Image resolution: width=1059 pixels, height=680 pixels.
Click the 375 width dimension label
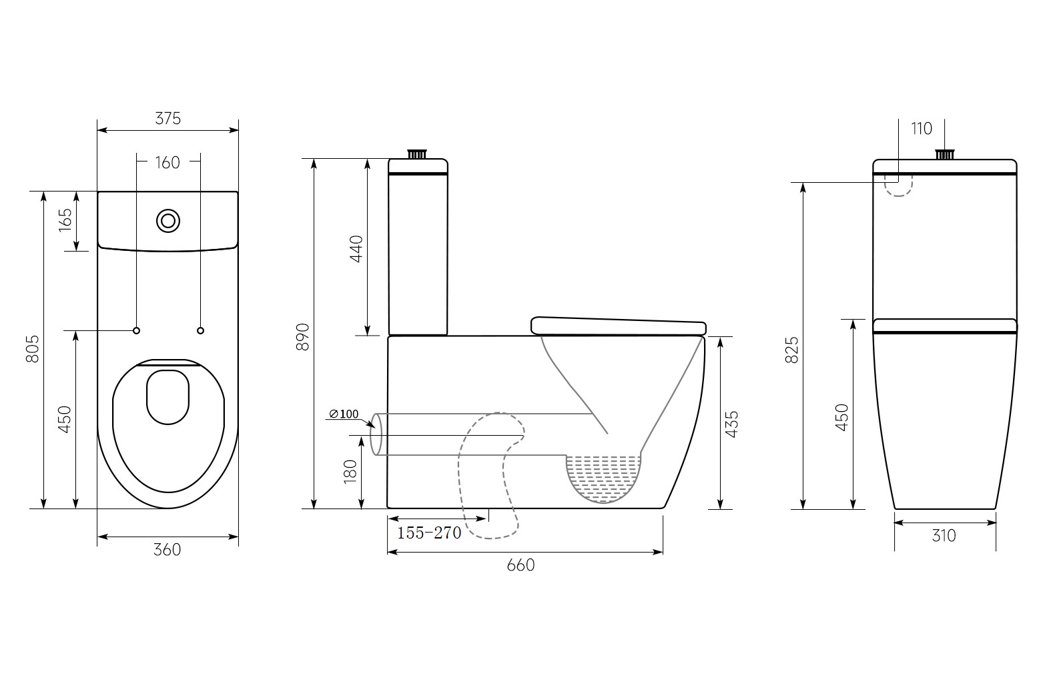pos(168,118)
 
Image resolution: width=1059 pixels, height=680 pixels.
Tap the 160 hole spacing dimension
pos(167,163)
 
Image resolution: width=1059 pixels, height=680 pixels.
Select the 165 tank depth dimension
pos(65,220)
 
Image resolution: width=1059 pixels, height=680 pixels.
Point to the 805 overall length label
pos(33,349)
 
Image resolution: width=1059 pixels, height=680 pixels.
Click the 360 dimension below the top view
pos(167,549)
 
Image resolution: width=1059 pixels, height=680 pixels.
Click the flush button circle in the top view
pos(168,221)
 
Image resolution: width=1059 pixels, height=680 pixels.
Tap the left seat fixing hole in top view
pos(137,330)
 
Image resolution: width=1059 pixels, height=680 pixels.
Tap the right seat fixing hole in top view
pos(200,330)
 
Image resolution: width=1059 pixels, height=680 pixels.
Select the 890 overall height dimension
pos(302,337)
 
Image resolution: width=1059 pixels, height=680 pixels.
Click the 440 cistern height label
pos(356,249)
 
